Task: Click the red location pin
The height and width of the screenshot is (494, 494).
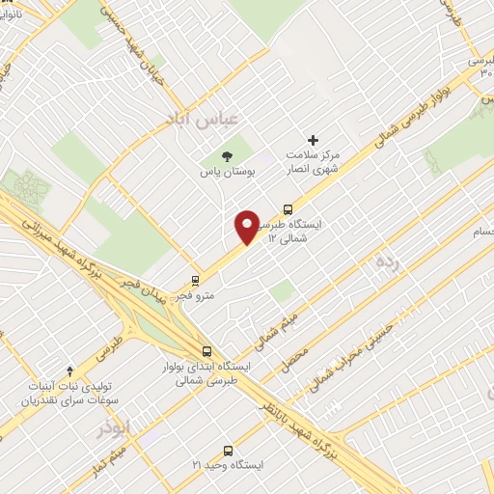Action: coord(247,227)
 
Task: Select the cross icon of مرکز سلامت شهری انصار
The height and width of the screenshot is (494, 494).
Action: coord(313,140)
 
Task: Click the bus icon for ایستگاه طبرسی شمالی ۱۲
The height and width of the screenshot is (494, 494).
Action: coord(288,209)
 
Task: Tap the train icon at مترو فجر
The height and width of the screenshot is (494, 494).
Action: coord(197,282)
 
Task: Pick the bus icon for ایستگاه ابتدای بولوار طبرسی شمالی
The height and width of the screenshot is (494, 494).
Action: coord(206,351)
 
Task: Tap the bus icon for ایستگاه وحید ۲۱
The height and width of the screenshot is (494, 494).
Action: coord(229,450)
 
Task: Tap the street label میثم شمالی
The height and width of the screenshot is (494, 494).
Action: coord(280,328)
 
